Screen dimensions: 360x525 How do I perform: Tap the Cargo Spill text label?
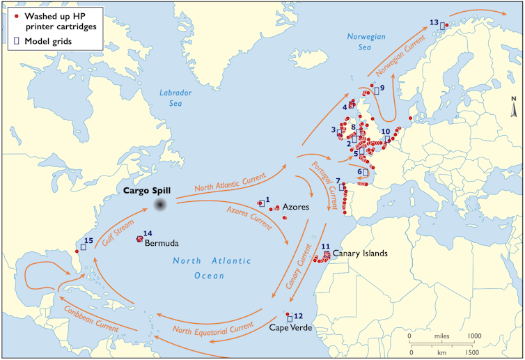click(x=147, y=190)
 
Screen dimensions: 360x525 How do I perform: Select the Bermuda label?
click(x=162, y=244)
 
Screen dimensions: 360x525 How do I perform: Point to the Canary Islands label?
click(x=361, y=253)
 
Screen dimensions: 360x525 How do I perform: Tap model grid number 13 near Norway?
click(x=441, y=26)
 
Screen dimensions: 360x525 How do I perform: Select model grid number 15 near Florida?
click(x=83, y=246)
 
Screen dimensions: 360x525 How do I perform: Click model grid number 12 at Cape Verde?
click(x=290, y=319)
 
